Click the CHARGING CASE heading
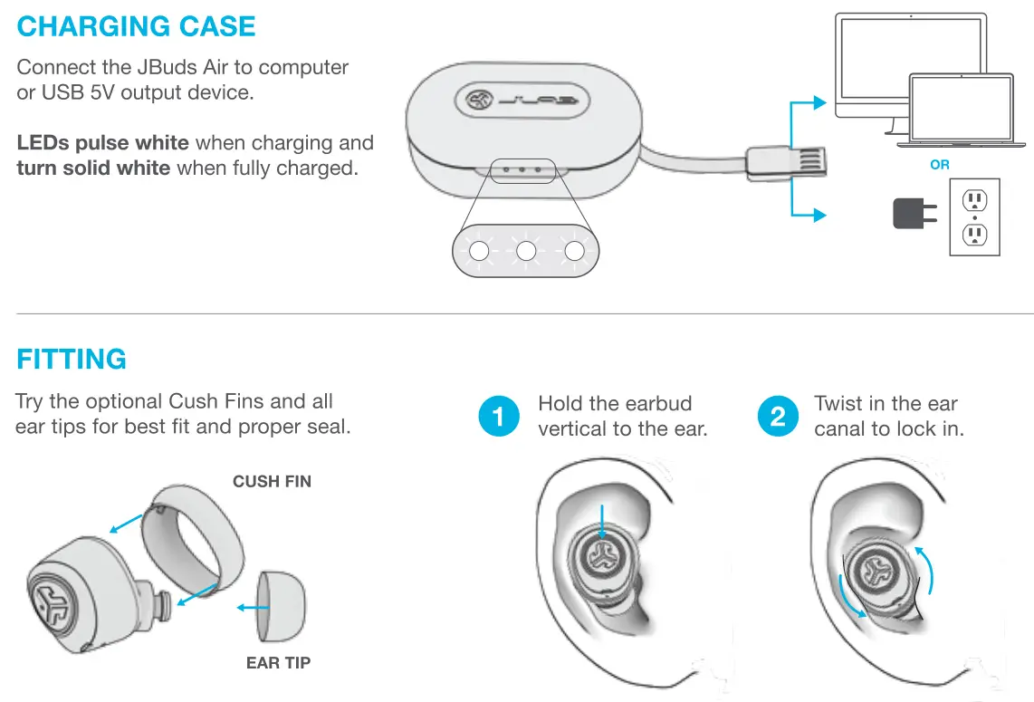pyautogui.click(x=136, y=26)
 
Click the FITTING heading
pyautogui.click(x=72, y=360)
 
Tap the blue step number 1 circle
pyautogui.click(x=499, y=417)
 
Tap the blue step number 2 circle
pyautogui.click(x=778, y=417)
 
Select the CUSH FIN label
pyautogui.click(x=272, y=482)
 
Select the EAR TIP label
pyautogui.click(x=278, y=663)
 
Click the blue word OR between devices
pyautogui.click(x=940, y=165)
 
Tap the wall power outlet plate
pyautogui.click(x=974, y=217)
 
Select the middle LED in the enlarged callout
pyautogui.click(x=525, y=252)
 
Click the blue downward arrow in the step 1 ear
pyautogui.click(x=600, y=525)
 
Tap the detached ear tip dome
pyautogui.click(x=282, y=606)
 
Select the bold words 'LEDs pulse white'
pyautogui.click(x=102, y=143)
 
